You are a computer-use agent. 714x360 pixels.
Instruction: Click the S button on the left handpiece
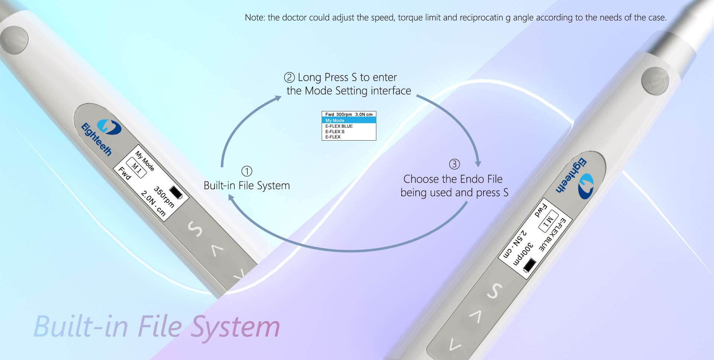click(195, 228)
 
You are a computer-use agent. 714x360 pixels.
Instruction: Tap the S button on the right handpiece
click(495, 291)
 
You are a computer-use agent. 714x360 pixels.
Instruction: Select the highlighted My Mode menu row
click(348, 120)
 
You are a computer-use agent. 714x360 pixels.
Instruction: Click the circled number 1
click(247, 171)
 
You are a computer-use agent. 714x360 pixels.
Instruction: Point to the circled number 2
click(289, 77)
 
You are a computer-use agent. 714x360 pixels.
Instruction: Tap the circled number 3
click(454, 164)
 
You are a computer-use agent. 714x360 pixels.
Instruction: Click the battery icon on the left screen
click(176, 193)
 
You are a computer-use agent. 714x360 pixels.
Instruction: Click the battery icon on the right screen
click(529, 265)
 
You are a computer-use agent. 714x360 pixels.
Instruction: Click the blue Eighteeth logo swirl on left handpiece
click(109, 127)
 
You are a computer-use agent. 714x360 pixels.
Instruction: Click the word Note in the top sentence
click(254, 17)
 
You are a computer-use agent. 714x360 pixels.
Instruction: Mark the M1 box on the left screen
click(136, 168)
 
